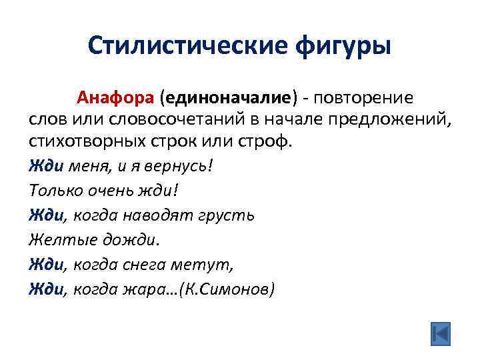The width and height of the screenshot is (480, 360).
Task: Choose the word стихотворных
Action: pos(88,143)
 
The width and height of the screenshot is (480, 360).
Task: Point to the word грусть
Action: pos(227,214)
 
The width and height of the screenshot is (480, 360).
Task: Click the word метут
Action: pos(207,265)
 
